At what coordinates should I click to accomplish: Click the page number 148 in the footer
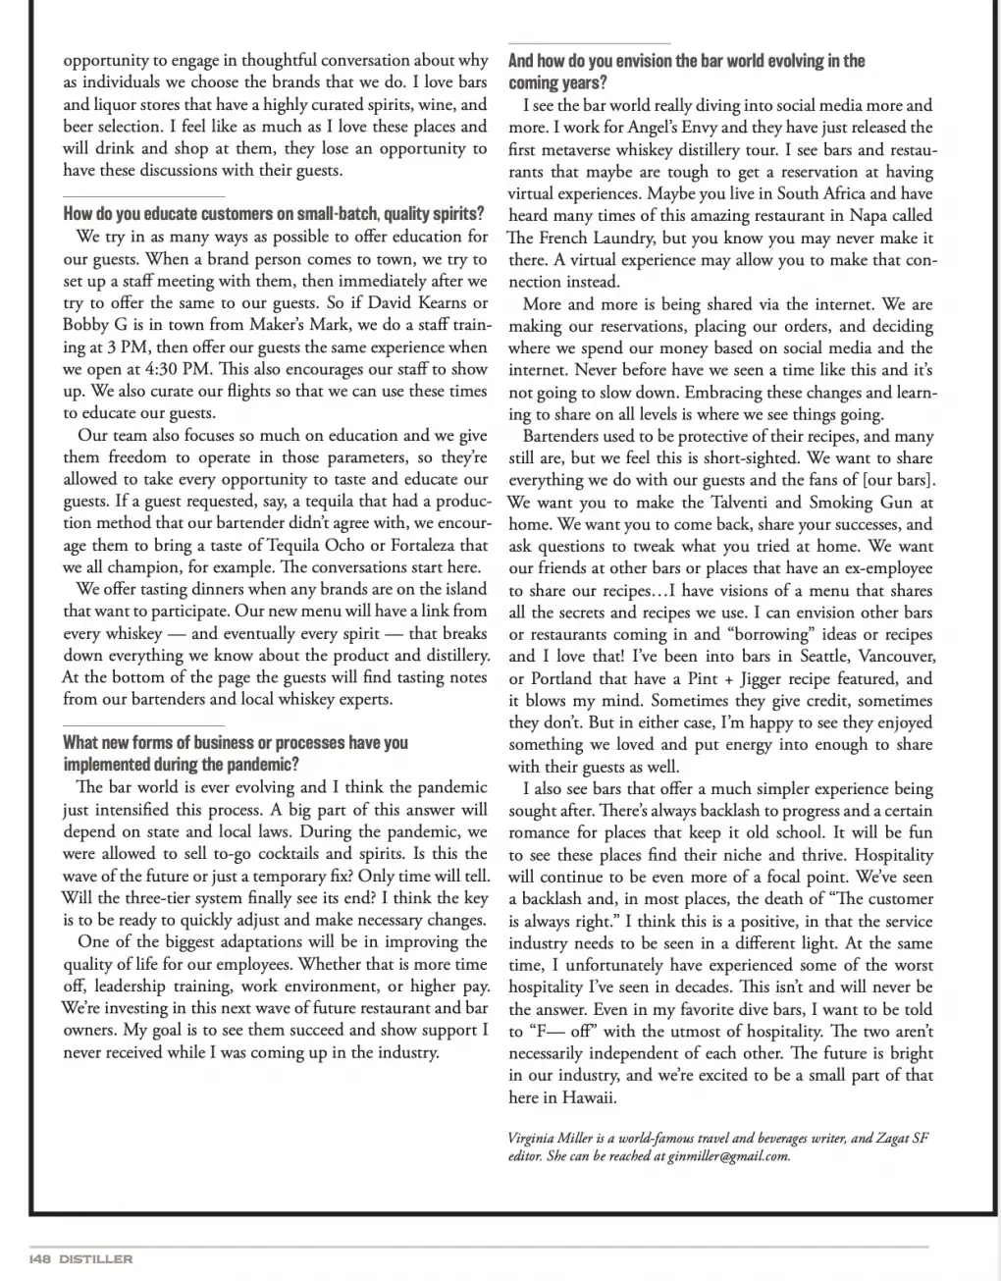[x=40, y=1258]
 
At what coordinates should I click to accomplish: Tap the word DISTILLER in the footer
[x=94, y=1258]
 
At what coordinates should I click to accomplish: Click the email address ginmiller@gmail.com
[x=728, y=1155]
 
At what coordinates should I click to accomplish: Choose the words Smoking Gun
[x=860, y=502]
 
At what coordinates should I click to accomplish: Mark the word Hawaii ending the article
[x=592, y=1096]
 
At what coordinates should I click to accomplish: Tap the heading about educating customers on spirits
[x=273, y=213]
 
